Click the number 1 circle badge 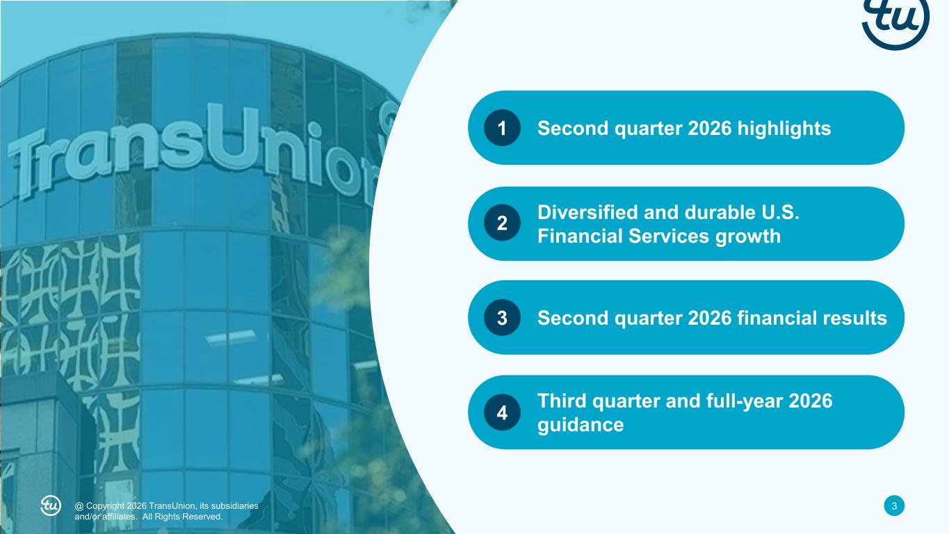tap(502, 127)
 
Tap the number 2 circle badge tap(502, 223)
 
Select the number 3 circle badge tap(502, 318)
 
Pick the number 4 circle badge tap(502, 412)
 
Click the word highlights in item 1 tap(784, 129)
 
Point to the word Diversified tap(587, 212)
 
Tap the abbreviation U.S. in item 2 tap(780, 212)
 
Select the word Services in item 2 tap(669, 236)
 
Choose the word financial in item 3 tap(777, 318)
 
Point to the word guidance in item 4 tap(581, 426)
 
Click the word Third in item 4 tap(562, 401)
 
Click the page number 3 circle tap(894, 505)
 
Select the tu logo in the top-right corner tap(895, 21)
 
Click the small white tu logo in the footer tap(51, 505)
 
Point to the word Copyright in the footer tap(106, 506)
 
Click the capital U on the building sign tap(235, 136)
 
